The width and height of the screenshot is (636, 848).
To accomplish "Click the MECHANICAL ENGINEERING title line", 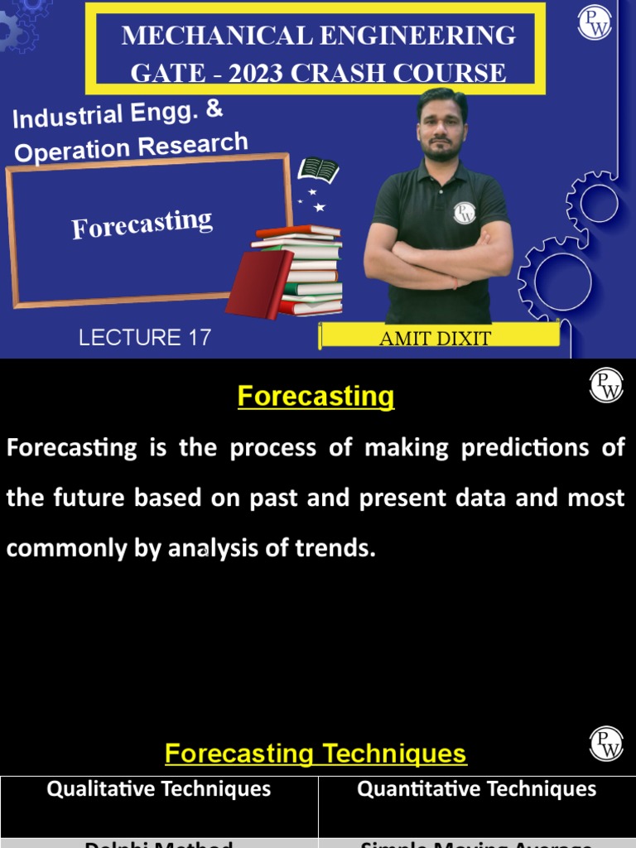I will [319, 36].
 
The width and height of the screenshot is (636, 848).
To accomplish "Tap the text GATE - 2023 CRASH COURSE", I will [319, 72].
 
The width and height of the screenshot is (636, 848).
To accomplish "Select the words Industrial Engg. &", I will [118, 115].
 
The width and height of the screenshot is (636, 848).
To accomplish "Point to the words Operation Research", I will [131, 147].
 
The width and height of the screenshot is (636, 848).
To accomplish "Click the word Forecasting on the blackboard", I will [142, 224].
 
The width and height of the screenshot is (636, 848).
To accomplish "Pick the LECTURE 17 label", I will [145, 338].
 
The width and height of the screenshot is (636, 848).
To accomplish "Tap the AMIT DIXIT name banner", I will [435, 338].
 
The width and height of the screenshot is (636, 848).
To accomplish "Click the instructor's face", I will [441, 128].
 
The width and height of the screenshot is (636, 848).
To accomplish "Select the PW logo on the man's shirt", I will [465, 212].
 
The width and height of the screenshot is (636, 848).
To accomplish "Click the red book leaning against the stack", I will [258, 284].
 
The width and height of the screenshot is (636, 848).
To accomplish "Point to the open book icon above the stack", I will [318, 171].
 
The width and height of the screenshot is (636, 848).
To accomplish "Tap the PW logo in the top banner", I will [595, 22].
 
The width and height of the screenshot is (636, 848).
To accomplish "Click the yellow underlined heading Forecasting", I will [316, 397].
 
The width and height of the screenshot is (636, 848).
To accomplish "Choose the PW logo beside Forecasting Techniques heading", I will [606, 744].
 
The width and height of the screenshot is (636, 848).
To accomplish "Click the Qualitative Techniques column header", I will [159, 788].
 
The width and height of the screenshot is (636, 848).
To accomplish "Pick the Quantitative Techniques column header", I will [476, 788].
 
